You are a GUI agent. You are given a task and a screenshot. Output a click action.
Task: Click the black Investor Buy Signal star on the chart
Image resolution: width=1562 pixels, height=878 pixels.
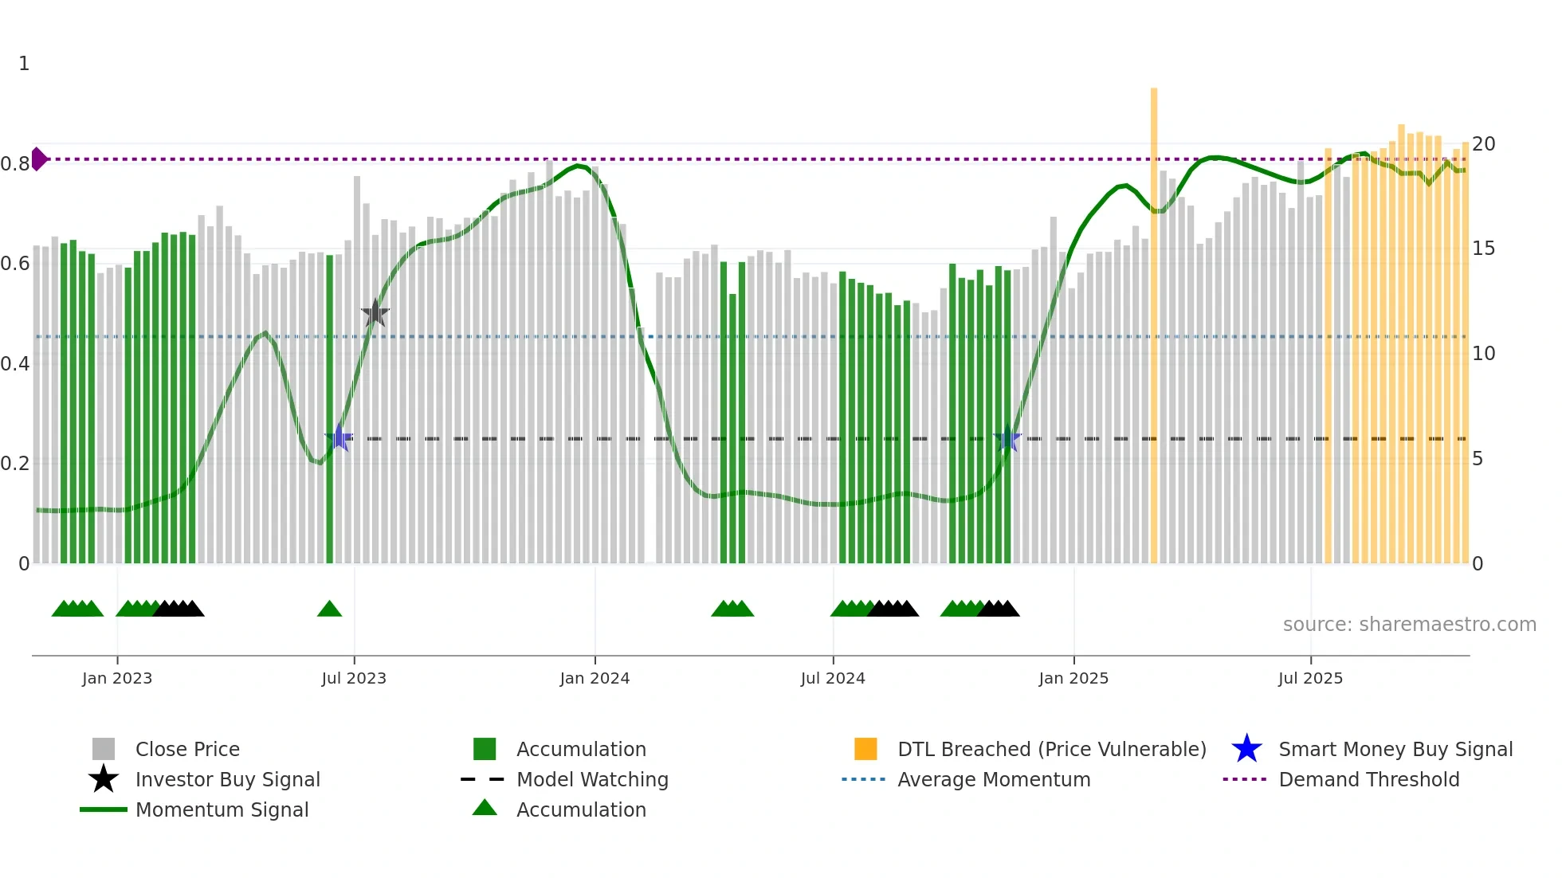point(375,313)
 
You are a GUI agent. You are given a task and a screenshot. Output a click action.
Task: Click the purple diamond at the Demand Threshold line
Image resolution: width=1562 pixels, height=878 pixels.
point(38,159)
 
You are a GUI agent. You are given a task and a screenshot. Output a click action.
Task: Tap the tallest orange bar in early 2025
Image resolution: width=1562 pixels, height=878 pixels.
point(1153,319)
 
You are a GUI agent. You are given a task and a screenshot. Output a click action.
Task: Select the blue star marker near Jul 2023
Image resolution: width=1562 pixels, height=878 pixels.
point(339,438)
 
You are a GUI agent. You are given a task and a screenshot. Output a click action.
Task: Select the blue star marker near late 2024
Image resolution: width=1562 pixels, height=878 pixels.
point(1007,438)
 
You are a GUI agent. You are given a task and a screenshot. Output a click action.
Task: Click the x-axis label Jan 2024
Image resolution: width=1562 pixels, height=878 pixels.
point(595,678)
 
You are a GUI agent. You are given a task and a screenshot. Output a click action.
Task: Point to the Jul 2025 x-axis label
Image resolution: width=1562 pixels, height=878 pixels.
point(1310,678)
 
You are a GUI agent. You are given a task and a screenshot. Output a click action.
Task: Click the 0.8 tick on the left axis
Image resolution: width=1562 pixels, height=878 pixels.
point(15,164)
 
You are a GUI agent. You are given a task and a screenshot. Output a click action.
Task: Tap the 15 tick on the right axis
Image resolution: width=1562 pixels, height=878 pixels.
point(1483,249)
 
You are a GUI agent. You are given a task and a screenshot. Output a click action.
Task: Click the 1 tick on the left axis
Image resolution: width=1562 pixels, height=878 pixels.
point(24,64)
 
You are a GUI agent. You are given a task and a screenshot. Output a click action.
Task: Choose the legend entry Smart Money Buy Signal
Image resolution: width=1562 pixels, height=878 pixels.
point(1395,749)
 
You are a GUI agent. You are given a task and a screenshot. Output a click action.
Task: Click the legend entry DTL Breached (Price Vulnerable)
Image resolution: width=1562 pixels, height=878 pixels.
point(1051,749)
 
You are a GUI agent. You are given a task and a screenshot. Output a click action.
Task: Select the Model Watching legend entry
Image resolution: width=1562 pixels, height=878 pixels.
point(591,779)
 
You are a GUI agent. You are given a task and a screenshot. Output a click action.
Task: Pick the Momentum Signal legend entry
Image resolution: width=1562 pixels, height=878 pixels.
point(222,809)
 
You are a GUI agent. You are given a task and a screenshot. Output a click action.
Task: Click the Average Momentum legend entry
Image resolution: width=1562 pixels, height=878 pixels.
point(993,779)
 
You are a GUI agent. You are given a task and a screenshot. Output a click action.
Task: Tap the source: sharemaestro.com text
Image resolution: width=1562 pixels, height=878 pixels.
point(1409,624)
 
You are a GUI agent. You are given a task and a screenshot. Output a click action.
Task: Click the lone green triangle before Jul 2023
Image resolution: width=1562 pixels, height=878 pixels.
point(329,610)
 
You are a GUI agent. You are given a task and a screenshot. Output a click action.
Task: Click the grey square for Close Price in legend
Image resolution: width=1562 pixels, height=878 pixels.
point(104,749)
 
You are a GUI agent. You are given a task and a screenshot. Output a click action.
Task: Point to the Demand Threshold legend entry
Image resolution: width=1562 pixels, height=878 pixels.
point(1368,779)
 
